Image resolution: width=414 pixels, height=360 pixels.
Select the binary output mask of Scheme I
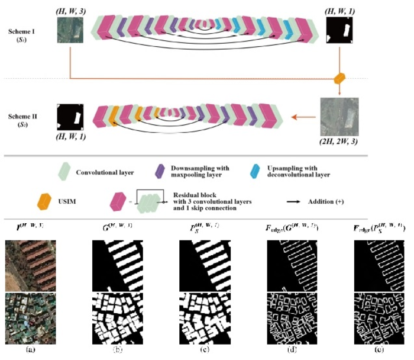(x=341, y=31)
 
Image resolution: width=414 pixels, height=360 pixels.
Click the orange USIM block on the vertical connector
(x=339, y=79)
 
